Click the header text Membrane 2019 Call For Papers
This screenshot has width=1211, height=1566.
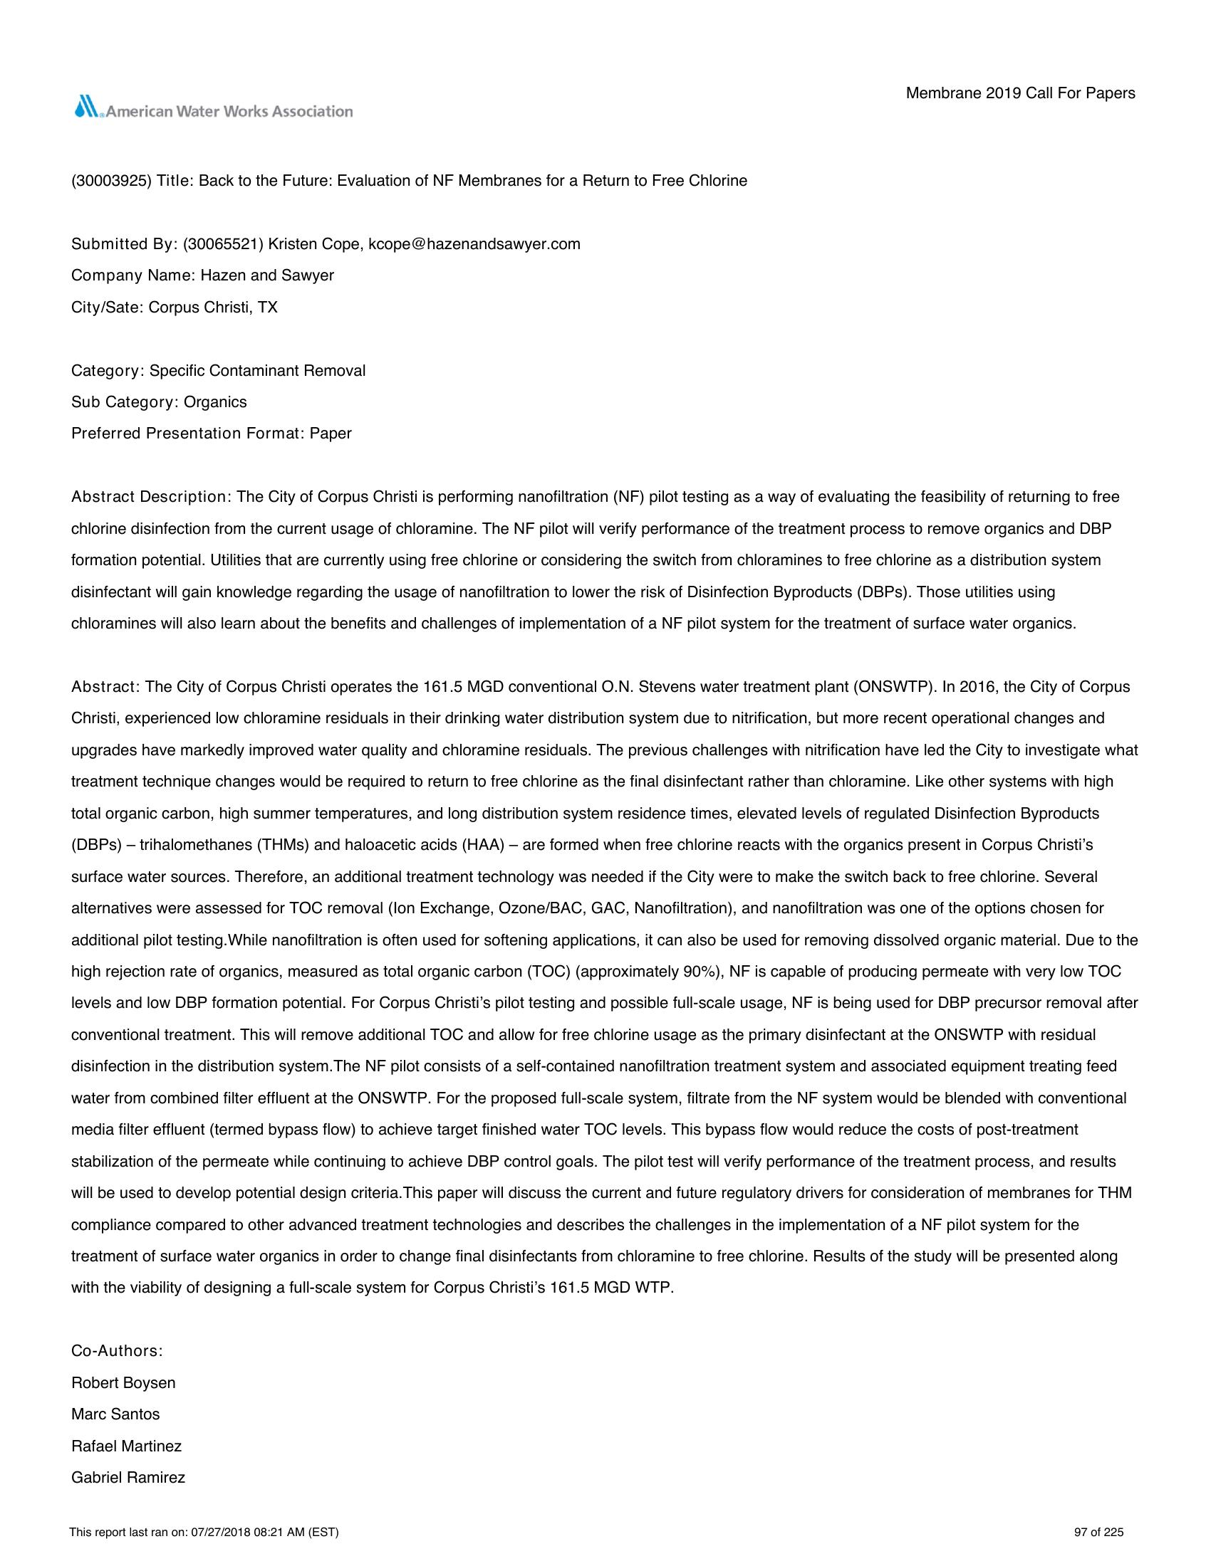(x=1020, y=93)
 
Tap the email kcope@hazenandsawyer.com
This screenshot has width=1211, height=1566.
(x=474, y=243)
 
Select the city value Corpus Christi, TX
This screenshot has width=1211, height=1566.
(x=213, y=308)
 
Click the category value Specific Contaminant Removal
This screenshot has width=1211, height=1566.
(x=258, y=371)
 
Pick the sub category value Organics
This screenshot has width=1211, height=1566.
(x=215, y=402)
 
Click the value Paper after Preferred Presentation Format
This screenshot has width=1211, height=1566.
(x=331, y=433)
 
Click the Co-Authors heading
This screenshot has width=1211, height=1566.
(x=117, y=1351)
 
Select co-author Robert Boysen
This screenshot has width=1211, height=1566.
(x=123, y=1382)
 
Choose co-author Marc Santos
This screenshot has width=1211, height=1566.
(x=115, y=1414)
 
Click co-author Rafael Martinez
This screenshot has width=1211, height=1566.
(x=126, y=1446)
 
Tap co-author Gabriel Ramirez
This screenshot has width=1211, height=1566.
(x=128, y=1478)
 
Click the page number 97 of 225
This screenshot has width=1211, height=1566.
(x=1098, y=1533)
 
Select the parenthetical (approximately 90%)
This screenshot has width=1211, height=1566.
(x=650, y=972)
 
